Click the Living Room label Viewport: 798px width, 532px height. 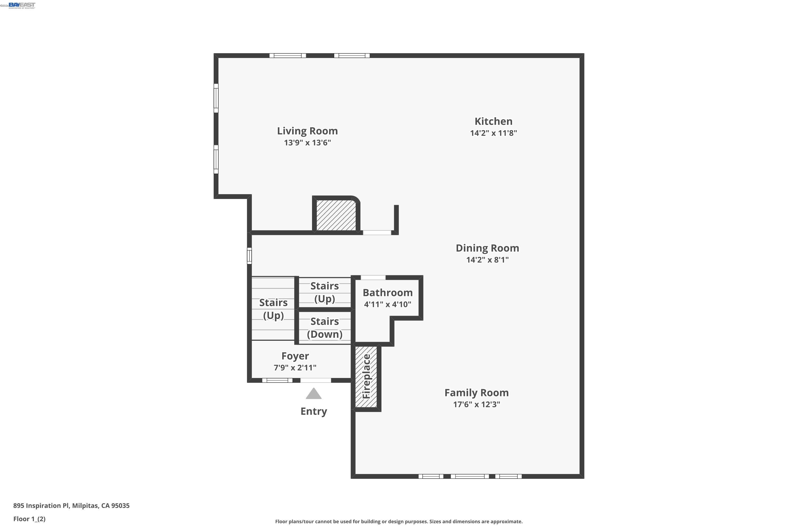307,131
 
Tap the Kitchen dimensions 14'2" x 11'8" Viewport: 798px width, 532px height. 493,133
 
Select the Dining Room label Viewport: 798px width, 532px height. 487,248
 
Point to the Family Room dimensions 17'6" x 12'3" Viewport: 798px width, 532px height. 476,404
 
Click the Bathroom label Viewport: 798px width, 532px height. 388,292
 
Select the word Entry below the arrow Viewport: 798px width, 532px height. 314,412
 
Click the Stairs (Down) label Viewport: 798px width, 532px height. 325,328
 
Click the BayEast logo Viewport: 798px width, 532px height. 22,5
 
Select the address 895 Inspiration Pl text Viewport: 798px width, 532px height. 71,506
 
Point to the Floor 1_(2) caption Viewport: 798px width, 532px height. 29,519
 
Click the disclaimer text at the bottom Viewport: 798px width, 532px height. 399,521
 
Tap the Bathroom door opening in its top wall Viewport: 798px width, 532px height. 373,277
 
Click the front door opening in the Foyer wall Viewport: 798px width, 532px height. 315,380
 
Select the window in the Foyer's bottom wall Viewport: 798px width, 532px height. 277,380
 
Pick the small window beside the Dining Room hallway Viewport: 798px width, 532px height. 250,256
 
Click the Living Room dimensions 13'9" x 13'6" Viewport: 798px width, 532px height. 307,143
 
